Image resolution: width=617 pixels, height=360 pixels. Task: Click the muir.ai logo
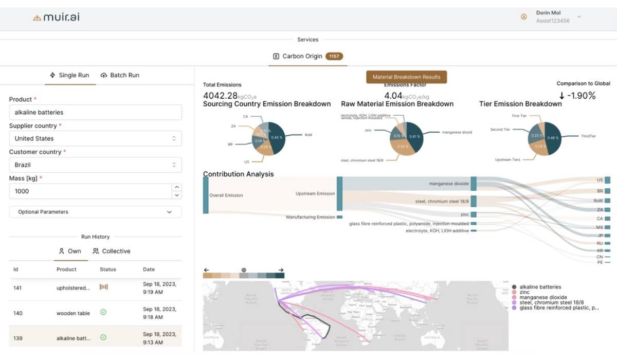[x=56, y=17]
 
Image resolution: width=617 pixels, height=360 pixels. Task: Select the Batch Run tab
[x=120, y=75]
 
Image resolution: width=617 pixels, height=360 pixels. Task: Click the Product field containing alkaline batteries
[x=95, y=112]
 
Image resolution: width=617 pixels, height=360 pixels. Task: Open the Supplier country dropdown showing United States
[x=95, y=138]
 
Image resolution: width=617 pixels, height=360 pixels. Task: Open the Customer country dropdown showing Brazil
[x=95, y=165]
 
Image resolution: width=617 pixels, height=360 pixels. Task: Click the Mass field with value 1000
[x=90, y=191]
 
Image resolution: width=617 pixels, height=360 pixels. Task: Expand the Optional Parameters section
[x=95, y=212]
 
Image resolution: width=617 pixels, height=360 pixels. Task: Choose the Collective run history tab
[x=112, y=251]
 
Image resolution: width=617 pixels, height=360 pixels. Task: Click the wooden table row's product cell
[x=73, y=313]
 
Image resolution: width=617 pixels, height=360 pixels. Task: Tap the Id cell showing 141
[x=17, y=288]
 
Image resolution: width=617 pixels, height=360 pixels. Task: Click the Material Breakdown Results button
[x=406, y=77]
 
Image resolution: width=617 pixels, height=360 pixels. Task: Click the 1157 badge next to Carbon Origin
[x=334, y=57]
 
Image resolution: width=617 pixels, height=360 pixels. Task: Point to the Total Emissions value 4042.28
[x=220, y=96]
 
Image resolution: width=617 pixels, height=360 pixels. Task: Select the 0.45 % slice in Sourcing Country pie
[x=276, y=137]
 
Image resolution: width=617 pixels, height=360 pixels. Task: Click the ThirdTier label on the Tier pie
[x=588, y=136]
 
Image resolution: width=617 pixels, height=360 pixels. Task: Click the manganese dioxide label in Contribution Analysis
[x=449, y=184]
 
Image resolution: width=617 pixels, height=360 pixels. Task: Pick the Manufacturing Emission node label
[x=310, y=217]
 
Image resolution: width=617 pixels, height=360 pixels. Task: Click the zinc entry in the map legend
[x=525, y=292]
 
